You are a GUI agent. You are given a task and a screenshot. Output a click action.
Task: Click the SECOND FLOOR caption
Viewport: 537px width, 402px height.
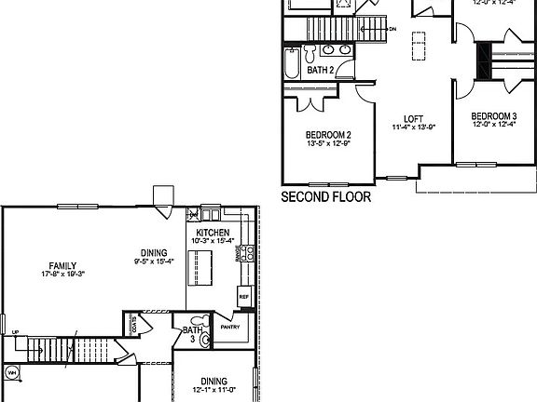coord(325,197)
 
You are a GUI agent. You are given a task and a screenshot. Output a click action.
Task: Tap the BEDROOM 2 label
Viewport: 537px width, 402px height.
coord(327,134)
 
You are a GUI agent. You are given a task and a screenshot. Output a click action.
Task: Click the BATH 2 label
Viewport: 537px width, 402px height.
coord(321,69)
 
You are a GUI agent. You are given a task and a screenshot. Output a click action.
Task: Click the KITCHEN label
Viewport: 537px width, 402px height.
coord(213,231)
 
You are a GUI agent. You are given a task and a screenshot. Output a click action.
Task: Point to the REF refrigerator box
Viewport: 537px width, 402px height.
coord(243,298)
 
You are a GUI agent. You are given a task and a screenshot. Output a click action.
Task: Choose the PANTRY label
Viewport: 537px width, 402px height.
coord(230,327)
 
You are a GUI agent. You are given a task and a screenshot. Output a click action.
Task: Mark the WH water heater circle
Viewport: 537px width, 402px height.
coord(12,374)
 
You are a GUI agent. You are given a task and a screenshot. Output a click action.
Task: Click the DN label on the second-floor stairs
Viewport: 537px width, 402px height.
coord(392,30)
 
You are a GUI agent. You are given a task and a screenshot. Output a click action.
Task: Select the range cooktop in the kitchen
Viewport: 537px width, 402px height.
coord(246,253)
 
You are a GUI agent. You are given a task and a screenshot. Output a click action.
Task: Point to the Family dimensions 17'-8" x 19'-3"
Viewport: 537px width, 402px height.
coord(62,275)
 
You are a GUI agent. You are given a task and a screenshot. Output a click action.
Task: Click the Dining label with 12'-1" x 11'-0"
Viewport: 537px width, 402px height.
coord(213,380)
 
